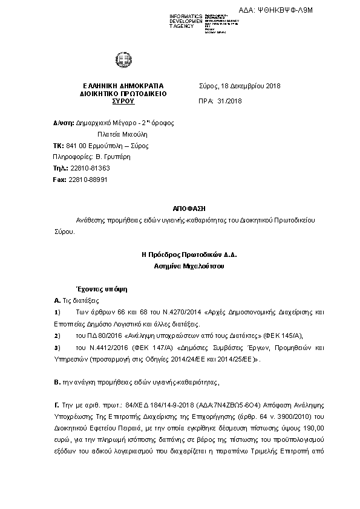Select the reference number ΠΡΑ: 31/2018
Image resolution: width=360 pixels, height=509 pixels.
tap(220, 102)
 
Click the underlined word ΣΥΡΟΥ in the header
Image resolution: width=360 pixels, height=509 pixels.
tap(123, 102)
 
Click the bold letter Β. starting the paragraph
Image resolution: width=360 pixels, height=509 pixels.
tap(57, 381)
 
